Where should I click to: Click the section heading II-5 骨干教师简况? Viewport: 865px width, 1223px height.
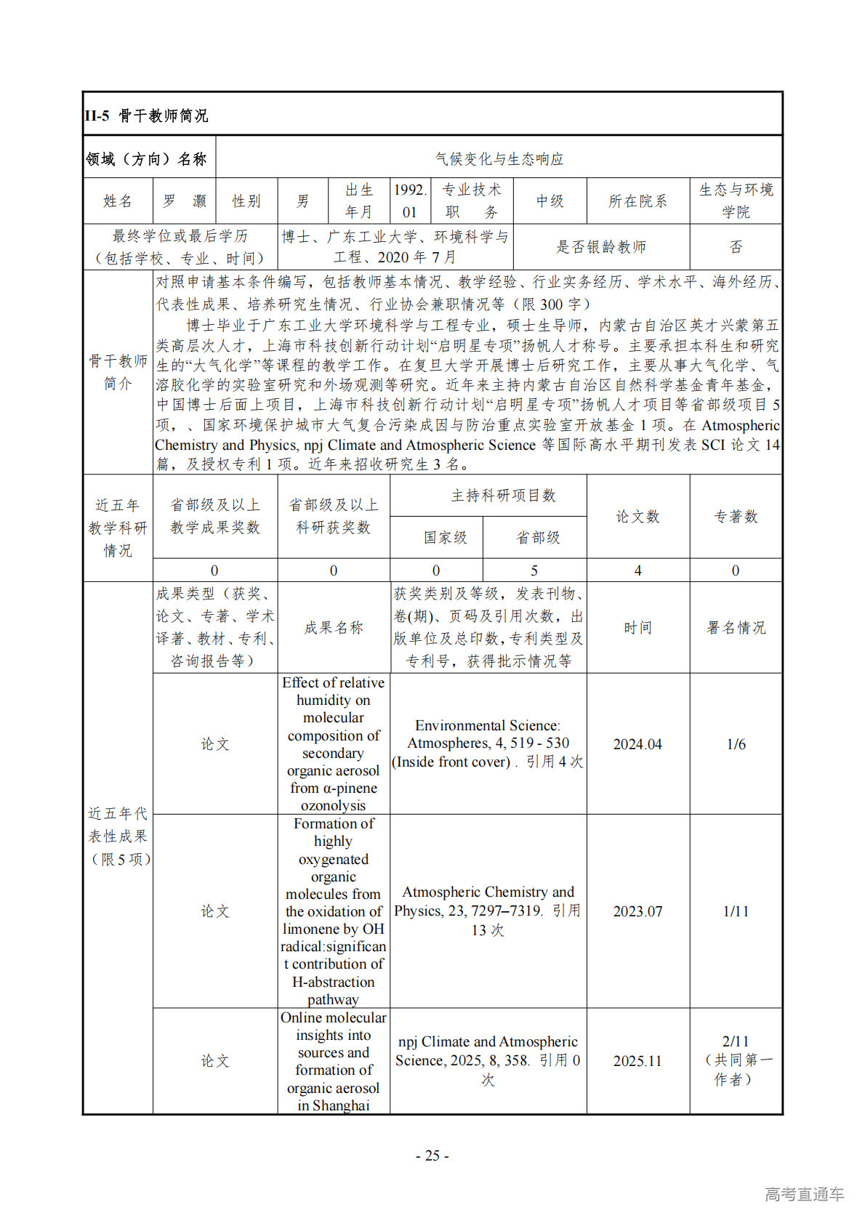[x=146, y=116]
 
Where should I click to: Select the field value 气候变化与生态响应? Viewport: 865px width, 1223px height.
[x=499, y=158]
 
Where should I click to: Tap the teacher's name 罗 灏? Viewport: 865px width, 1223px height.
[x=184, y=201]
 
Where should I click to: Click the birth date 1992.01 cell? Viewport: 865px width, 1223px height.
[x=410, y=201]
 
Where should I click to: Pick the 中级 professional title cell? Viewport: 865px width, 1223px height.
[x=550, y=201]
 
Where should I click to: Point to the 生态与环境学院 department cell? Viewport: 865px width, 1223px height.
[x=736, y=201]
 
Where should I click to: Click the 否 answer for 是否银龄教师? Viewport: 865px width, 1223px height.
[x=736, y=247]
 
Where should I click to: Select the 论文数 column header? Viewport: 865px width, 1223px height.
[x=637, y=517]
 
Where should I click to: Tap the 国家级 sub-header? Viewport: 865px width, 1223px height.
[x=445, y=538]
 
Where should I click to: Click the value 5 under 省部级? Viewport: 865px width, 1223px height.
[x=534, y=570]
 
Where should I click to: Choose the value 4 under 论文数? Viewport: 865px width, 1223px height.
[x=637, y=570]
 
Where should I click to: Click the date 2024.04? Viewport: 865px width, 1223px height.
[x=637, y=744]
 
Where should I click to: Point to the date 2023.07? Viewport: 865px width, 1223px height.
[x=637, y=911]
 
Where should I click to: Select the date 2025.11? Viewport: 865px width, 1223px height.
[x=637, y=1061]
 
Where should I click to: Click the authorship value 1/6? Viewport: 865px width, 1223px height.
[x=736, y=744]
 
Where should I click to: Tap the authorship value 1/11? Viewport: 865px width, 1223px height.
[x=736, y=911]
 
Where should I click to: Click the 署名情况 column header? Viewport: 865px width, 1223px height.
[x=736, y=628]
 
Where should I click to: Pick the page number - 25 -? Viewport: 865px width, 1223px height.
[x=432, y=1156]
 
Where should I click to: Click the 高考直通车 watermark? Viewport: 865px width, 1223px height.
[x=804, y=1194]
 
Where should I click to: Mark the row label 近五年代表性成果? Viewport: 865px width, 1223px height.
[x=118, y=836]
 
